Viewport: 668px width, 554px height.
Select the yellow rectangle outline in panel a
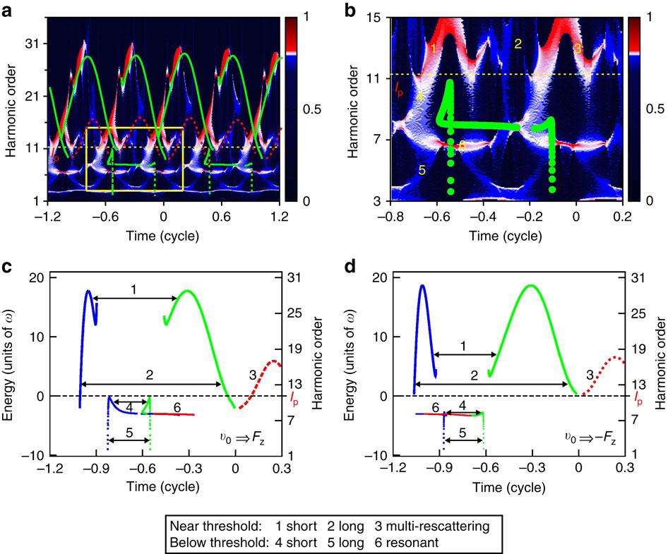point(134,128)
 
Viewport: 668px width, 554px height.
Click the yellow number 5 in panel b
point(422,170)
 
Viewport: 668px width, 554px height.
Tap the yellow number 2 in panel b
point(518,44)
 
